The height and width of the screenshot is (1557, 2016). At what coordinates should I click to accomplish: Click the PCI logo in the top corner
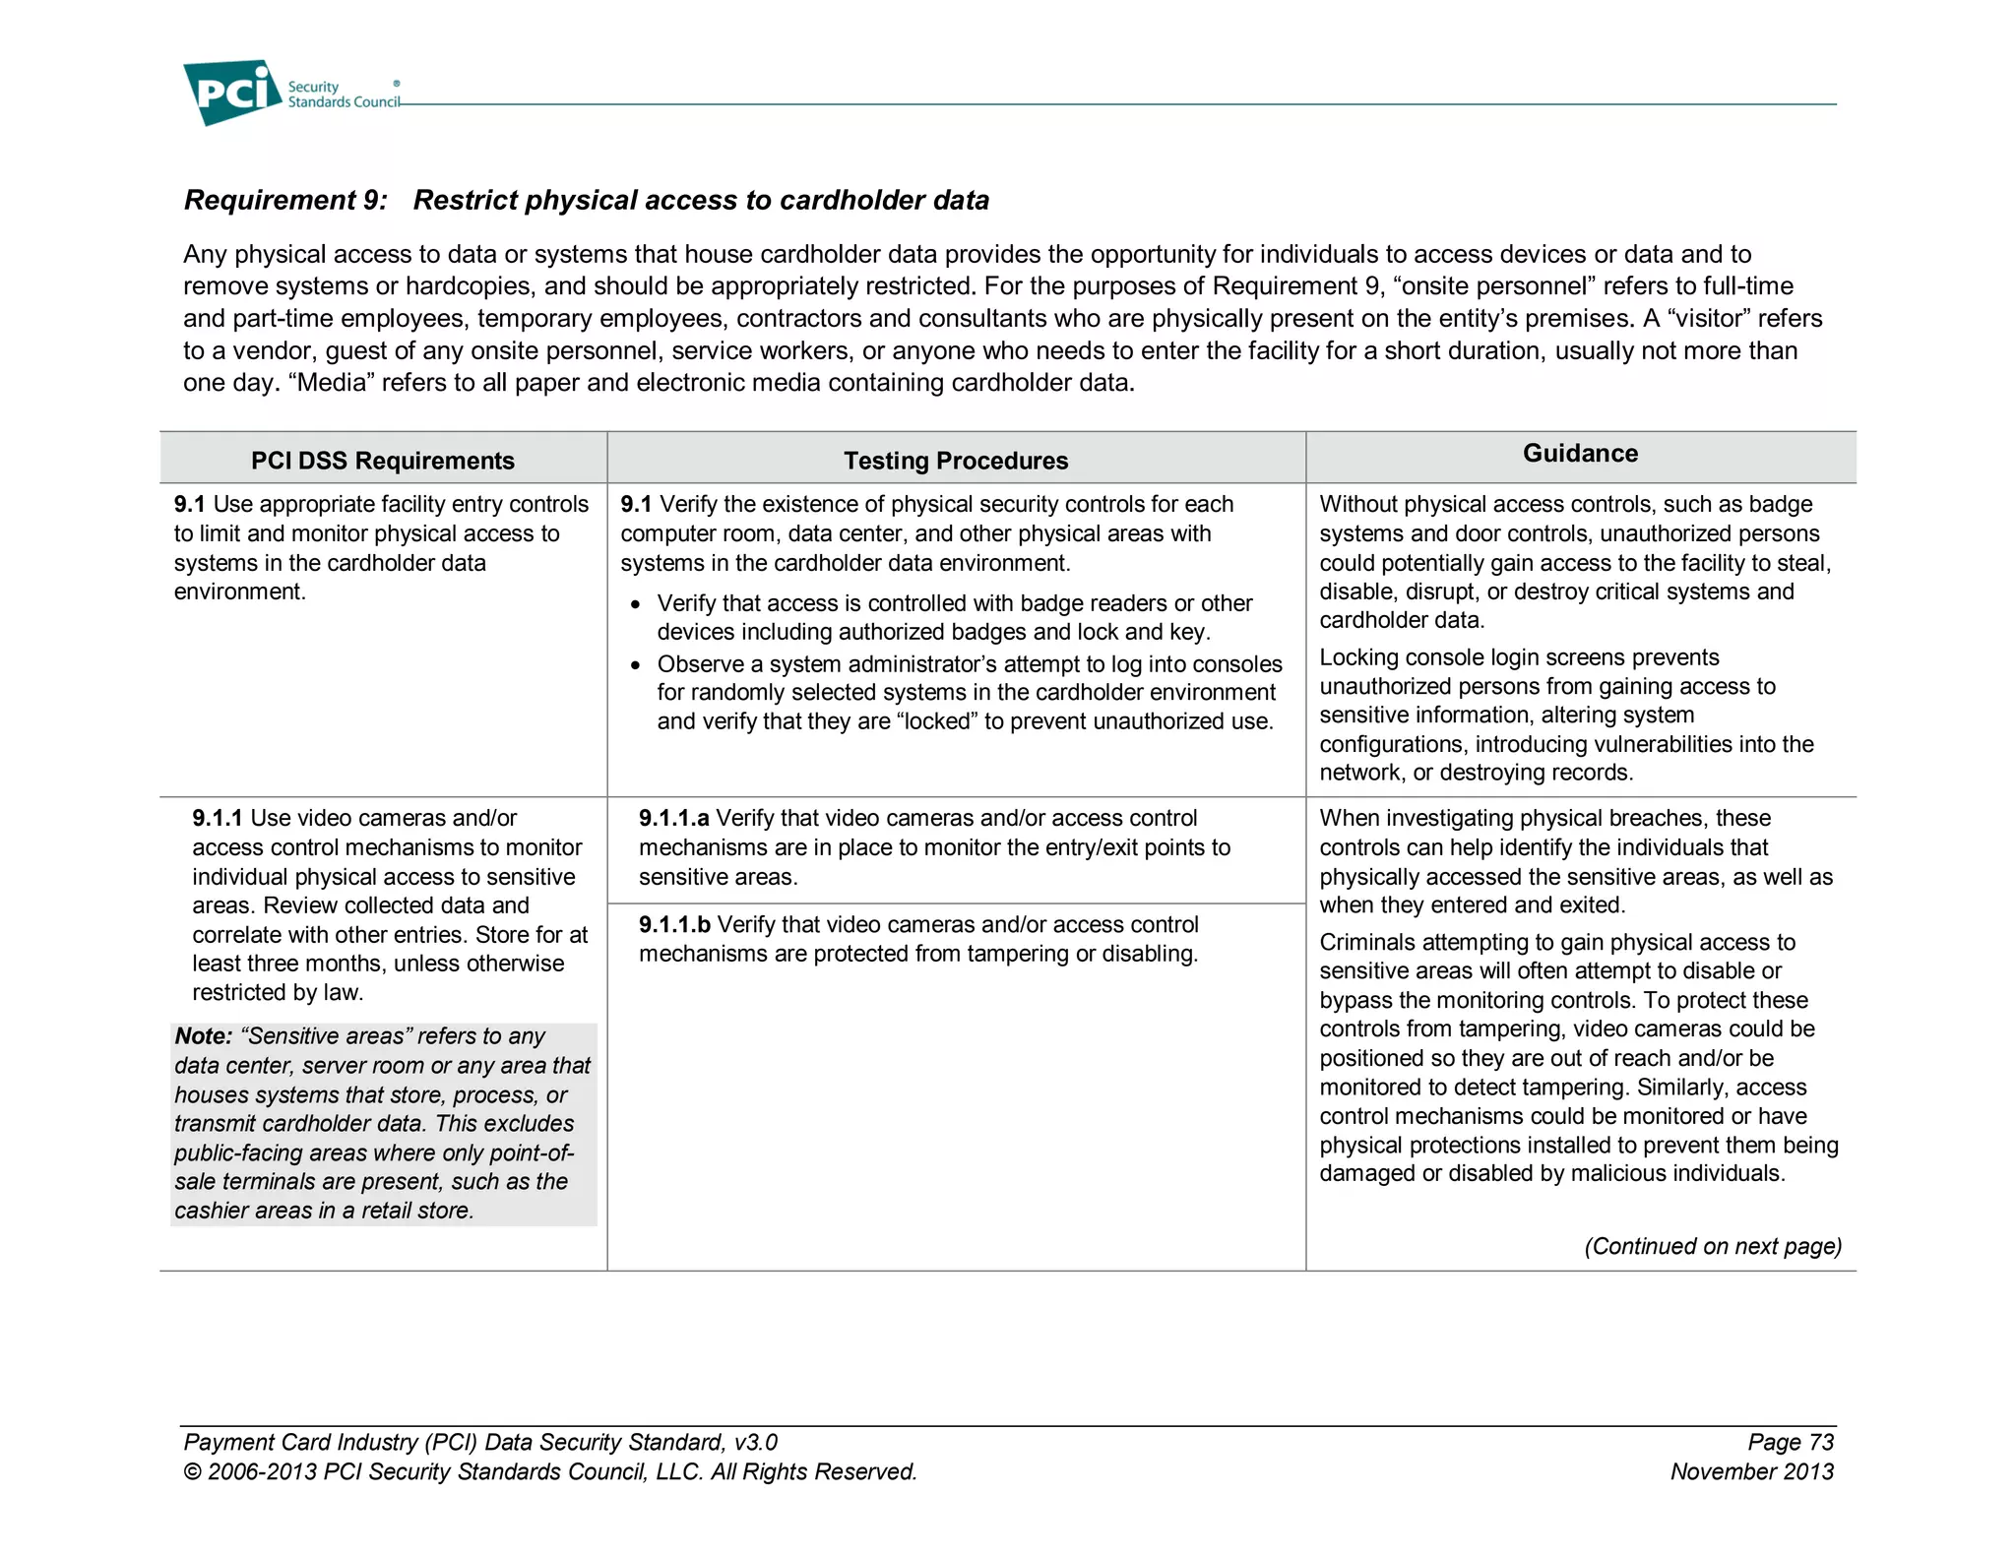pyautogui.click(x=232, y=93)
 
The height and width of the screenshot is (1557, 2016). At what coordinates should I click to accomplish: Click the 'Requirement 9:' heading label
pyautogui.click(x=285, y=200)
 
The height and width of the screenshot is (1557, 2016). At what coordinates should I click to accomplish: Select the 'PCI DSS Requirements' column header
pyautogui.click(x=382, y=461)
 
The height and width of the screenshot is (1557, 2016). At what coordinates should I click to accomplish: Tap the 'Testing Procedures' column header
pyautogui.click(x=955, y=461)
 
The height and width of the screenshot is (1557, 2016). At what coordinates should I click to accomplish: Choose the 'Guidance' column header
pyautogui.click(x=1580, y=454)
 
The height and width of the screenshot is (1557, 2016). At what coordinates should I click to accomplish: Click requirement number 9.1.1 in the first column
pyautogui.click(x=217, y=819)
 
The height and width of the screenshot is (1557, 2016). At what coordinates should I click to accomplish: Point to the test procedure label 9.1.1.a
pyautogui.click(x=673, y=819)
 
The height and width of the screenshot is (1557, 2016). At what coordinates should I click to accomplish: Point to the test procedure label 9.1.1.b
pyautogui.click(x=674, y=925)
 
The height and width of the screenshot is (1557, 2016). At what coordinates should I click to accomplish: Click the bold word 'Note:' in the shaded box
pyautogui.click(x=203, y=1036)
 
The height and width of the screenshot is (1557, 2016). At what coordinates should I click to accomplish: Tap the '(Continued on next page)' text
pyautogui.click(x=1712, y=1246)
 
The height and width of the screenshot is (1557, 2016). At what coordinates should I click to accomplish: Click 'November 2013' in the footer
pyautogui.click(x=1751, y=1471)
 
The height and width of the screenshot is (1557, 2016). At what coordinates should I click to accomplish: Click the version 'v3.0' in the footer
pyautogui.click(x=755, y=1442)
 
